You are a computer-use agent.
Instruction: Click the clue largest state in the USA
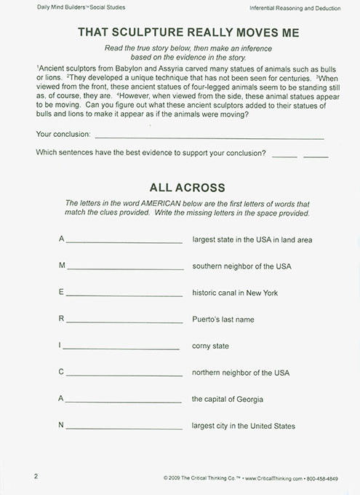pos(252,239)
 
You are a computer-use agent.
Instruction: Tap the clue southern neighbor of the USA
pos(241,266)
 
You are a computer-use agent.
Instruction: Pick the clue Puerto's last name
pos(225,319)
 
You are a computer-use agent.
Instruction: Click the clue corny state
pos(212,346)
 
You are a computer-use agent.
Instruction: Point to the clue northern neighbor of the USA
pos(241,372)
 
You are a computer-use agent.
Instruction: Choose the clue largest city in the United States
pos(244,425)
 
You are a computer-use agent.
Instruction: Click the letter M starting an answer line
pos(62,266)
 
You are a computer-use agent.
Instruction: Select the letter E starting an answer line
pos(62,293)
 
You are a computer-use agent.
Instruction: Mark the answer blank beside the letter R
pos(124,320)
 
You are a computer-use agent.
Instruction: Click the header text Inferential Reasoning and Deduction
pos(297,7)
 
